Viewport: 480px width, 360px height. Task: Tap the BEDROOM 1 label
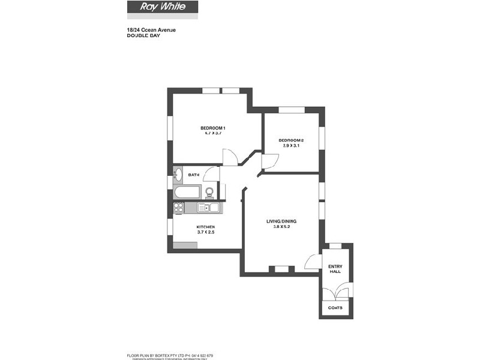(x=212, y=128)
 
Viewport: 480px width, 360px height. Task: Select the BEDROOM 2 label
(x=290, y=140)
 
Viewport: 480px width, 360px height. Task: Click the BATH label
(x=194, y=175)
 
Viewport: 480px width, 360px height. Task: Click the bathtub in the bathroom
(x=187, y=193)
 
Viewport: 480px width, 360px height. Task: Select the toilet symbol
(x=209, y=192)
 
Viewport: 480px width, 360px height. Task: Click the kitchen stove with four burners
(x=178, y=208)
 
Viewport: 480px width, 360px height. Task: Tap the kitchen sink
(x=208, y=208)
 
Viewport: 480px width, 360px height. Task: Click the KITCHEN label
(x=205, y=227)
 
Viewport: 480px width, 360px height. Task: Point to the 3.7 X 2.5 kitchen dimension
(x=205, y=232)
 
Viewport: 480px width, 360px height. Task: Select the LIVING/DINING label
(x=281, y=221)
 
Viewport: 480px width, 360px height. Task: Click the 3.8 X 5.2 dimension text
(x=281, y=227)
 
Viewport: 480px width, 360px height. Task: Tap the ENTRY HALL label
(x=335, y=269)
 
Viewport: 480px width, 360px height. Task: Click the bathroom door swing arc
(x=211, y=173)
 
